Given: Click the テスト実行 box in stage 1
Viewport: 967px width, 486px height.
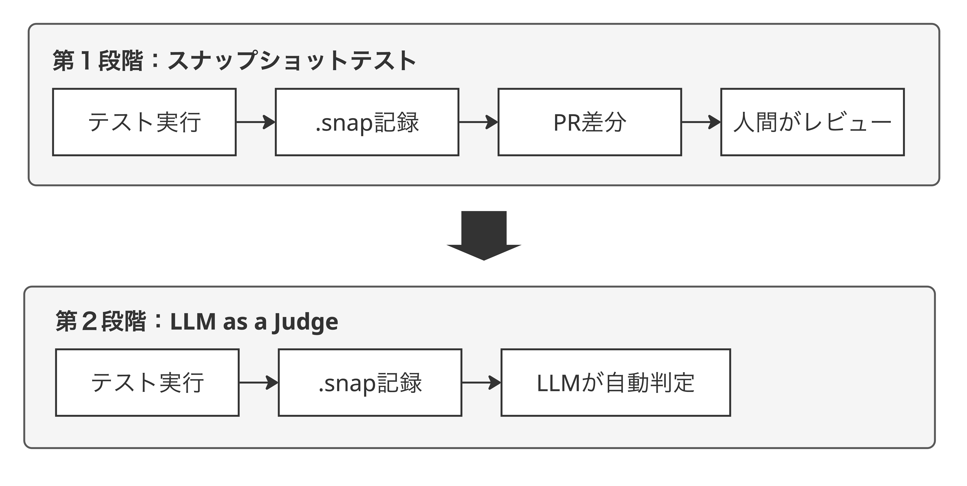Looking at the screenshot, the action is (x=144, y=122).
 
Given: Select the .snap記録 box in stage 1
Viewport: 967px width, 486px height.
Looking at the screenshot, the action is (x=367, y=122).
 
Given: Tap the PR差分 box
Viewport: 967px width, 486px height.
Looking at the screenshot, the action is (x=590, y=122).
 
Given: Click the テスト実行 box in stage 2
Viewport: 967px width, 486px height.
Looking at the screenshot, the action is (x=147, y=383).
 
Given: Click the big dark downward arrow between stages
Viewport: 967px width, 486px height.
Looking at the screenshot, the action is (x=484, y=235).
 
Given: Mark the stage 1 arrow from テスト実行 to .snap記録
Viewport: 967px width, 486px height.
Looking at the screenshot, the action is (x=256, y=122).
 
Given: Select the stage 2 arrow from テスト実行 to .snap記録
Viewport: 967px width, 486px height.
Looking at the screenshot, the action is (x=259, y=383).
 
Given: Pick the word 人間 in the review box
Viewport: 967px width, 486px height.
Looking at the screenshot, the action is (x=755, y=122).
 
